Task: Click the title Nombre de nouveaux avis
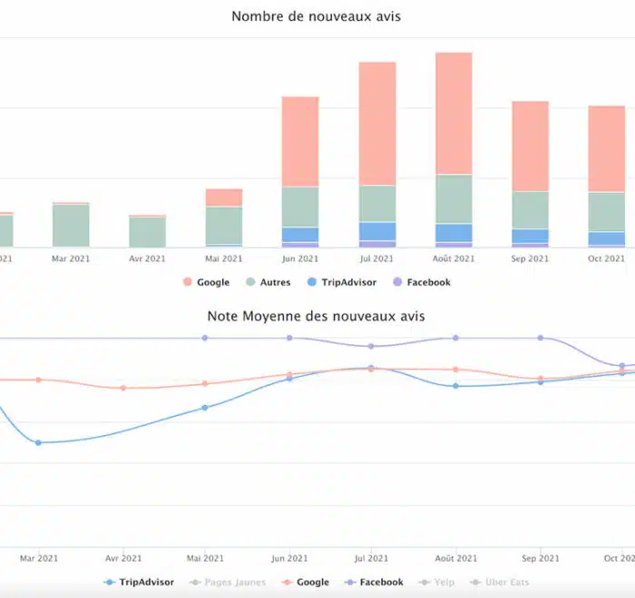tap(316, 16)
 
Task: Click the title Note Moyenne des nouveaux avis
tap(316, 316)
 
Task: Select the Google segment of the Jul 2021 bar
tap(377, 123)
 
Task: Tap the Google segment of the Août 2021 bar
tap(454, 113)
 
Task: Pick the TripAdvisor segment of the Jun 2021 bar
tap(300, 235)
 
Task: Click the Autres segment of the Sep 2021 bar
tap(530, 209)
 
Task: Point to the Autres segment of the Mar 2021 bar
tap(71, 225)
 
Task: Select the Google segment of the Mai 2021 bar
tap(224, 198)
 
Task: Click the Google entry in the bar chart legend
tap(207, 283)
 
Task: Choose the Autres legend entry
tap(269, 283)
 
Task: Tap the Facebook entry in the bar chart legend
tap(422, 283)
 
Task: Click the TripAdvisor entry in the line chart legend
tap(139, 582)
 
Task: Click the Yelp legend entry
tap(437, 582)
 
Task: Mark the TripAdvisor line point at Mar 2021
tap(38, 442)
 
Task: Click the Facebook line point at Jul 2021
tap(371, 346)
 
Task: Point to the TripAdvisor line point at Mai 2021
tap(204, 408)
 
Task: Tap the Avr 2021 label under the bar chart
tap(147, 258)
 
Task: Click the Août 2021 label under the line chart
tap(455, 558)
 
